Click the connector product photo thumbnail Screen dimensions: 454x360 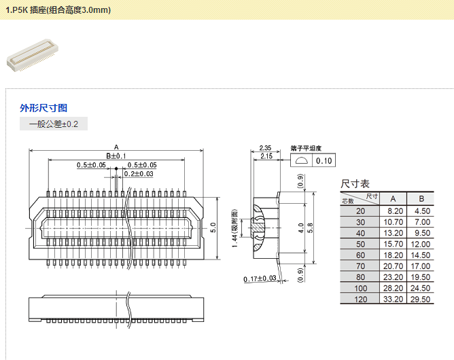33,55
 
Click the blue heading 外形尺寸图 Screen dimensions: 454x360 43,108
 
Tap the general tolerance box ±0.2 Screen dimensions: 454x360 54,124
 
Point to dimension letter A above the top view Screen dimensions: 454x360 116,147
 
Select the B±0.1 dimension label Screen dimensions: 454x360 116,156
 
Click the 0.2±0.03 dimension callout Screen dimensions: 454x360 139,174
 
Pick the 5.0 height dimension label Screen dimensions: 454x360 213,228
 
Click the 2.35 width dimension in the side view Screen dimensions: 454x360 265,148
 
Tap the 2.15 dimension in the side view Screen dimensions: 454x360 266,156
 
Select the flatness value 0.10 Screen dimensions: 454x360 324,161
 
